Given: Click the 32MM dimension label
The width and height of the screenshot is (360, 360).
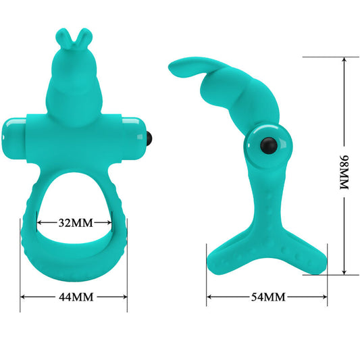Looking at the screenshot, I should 74,222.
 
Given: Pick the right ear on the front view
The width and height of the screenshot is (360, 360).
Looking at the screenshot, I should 82,36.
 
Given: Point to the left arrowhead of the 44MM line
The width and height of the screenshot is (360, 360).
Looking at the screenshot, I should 22,297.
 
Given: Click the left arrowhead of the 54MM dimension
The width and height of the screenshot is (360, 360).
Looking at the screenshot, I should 209,297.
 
